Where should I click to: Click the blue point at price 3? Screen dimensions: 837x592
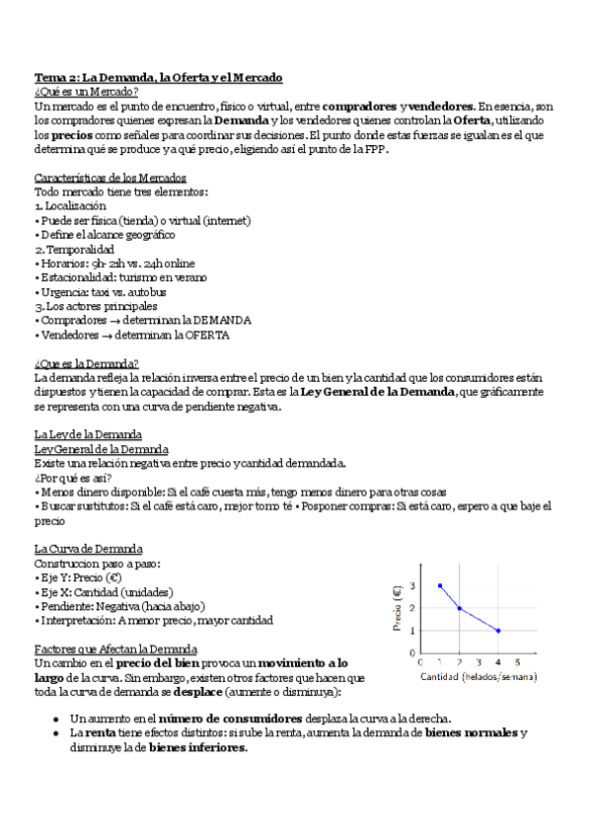(x=440, y=585)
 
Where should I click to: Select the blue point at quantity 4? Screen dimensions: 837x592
(x=498, y=631)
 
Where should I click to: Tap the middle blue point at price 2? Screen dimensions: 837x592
(x=459, y=608)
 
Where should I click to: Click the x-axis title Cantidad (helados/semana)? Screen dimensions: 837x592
(x=479, y=677)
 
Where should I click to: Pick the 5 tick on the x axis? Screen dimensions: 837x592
(x=517, y=661)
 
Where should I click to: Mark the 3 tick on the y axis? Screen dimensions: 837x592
(x=412, y=585)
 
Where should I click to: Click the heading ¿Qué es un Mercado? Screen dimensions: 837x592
(x=86, y=91)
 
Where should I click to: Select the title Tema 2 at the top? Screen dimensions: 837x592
(x=159, y=77)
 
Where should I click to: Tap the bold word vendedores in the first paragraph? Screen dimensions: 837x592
(x=442, y=106)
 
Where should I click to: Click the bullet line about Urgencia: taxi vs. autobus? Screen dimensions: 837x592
(x=101, y=292)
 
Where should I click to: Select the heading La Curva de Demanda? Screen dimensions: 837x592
(x=88, y=548)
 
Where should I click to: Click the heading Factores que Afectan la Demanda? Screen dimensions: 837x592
(x=115, y=648)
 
